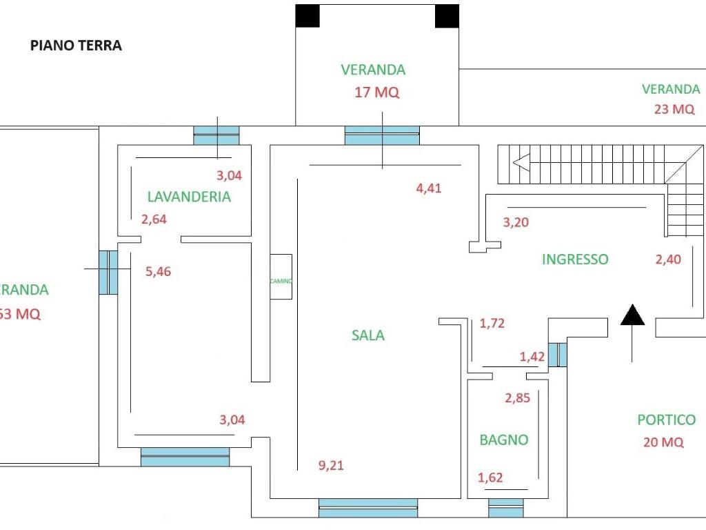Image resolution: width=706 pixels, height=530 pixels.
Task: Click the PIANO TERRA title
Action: (x=76, y=46)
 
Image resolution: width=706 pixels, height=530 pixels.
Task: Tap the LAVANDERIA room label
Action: (x=189, y=197)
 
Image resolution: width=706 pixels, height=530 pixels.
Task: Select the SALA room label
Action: (x=368, y=335)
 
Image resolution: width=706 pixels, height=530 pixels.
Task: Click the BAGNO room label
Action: (x=504, y=440)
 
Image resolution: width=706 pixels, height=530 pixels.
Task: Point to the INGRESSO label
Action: (x=575, y=259)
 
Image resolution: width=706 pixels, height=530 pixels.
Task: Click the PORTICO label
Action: (x=666, y=420)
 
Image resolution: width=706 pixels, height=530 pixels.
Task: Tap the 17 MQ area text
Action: (x=376, y=92)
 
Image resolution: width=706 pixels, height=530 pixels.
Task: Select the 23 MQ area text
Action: (x=674, y=109)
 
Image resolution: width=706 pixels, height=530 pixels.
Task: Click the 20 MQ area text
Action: (x=663, y=442)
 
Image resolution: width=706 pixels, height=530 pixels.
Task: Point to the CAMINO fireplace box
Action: (x=281, y=277)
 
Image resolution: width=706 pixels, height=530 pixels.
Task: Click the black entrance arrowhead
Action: (x=632, y=315)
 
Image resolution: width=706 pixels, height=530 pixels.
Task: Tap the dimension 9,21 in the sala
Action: (x=331, y=466)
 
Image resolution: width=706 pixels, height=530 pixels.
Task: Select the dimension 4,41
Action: (x=429, y=188)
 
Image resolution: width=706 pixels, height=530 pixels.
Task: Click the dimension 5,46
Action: (x=158, y=271)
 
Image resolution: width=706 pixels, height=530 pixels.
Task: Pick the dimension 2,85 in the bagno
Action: (x=517, y=398)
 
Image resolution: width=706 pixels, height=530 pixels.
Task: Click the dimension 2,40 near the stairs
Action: (x=667, y=259)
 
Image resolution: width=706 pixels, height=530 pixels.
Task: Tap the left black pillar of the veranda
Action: (x=307, y=16)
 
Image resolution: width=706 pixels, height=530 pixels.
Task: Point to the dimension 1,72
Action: (x=492, y=323)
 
